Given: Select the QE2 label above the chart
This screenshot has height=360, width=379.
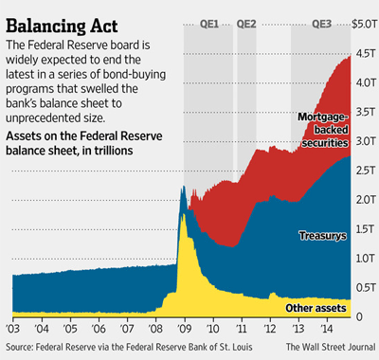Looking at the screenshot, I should [246, 24].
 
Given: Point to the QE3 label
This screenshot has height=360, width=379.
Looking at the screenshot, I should [321, 24].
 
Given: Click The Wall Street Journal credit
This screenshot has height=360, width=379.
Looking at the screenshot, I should [325, 349].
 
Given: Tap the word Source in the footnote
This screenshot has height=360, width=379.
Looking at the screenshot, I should [23, 349].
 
